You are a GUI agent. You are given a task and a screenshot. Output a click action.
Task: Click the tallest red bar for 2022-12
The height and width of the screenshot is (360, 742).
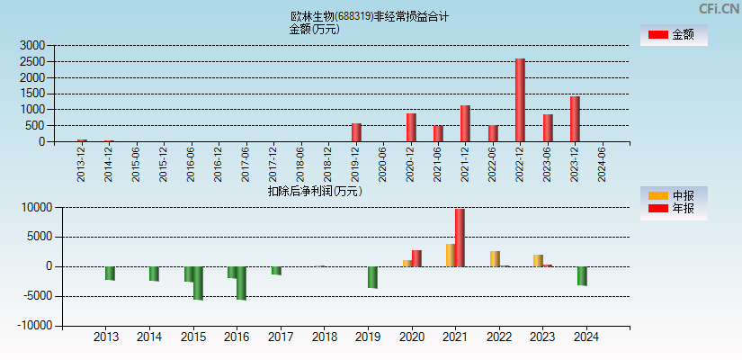[520, 100]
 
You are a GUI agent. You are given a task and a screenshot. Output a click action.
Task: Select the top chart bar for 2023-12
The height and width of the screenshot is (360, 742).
[575, 119]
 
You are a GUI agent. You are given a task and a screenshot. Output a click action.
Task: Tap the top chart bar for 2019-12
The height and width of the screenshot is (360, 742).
[356, 132]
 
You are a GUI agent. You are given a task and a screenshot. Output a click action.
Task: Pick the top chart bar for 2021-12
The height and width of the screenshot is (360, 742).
[465, 123]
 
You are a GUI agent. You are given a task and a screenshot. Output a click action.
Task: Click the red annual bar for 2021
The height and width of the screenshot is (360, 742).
[460, 238]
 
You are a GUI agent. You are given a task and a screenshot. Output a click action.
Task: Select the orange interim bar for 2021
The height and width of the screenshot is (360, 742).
[451, 255]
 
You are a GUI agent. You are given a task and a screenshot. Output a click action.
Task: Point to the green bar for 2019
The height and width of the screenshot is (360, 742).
[372, 277]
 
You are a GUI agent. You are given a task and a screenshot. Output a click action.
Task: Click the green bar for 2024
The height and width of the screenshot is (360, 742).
[582, 276]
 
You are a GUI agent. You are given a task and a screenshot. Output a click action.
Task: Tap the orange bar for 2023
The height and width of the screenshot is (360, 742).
[538, 260]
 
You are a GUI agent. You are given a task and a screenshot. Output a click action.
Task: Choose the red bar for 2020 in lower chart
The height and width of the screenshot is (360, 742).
[416, 258]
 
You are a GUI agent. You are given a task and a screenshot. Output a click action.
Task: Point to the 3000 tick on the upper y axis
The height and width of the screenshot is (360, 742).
[32, 45]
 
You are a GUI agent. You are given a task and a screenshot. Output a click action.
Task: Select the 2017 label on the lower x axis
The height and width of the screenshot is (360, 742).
[281, 337]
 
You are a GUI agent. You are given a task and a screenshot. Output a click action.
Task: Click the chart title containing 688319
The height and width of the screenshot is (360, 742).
[370, 16]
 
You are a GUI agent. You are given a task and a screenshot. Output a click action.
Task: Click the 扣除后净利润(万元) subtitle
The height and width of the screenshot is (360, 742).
[314, 191]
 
